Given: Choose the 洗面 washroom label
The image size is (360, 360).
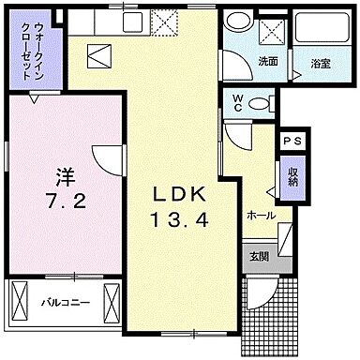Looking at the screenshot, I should (267, 62).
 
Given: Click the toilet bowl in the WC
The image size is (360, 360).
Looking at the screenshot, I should (267, 102).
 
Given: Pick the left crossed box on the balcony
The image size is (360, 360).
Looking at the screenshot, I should (20, 303).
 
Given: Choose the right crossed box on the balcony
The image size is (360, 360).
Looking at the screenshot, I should (112, 303).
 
